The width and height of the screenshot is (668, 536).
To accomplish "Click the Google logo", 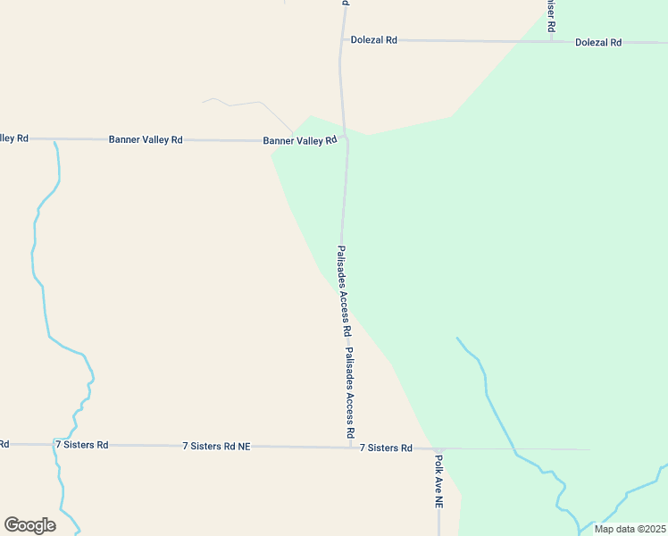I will (x=29, y=525).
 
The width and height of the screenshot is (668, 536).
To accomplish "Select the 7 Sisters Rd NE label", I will (x=216, y=445).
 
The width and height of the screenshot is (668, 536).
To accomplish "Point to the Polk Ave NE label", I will (x=438, y=481).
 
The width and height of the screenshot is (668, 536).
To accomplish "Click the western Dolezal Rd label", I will (x=373, y=40).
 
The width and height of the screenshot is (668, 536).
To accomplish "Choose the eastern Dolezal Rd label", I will (x=597, y=42).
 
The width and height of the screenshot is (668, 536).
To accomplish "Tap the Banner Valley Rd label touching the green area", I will (x=299, y=140).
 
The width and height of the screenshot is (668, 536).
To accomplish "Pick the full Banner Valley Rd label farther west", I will (x=146, y=139).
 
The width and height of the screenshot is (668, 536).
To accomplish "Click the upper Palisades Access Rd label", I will (x=344, y=290).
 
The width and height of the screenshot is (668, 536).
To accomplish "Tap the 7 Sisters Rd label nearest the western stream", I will (x=81, y=444).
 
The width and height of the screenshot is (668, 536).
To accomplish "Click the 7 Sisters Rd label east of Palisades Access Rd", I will (x=386, y=448).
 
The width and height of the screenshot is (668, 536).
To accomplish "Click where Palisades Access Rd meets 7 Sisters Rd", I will (x=350, y=447).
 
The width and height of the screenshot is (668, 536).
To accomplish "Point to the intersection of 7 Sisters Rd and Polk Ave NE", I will (x=439, y=448).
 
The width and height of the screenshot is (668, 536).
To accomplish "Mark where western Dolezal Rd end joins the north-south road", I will (x=341, y=40).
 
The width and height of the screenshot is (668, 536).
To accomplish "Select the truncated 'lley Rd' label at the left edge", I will (x=13, y=138).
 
